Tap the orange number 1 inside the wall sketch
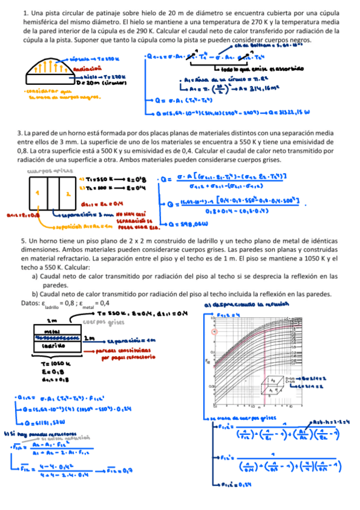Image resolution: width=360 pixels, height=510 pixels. (x=36, y=194)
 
